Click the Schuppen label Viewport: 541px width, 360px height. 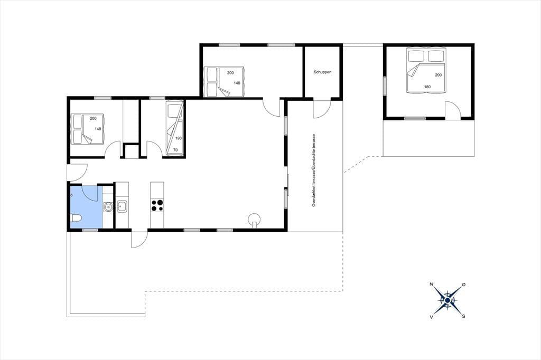(323, 72)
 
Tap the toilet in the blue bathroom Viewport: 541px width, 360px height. (76, 217)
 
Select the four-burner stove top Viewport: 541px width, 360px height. (157, 205)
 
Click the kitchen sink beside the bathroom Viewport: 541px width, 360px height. (122, 206)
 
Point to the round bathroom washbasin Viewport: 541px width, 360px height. (108, 207)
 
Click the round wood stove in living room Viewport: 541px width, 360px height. (255, 219)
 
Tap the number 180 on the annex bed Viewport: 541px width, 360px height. (427, 87)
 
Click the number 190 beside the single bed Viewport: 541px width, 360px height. (178, 138)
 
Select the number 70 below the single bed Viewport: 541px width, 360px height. (175, 150)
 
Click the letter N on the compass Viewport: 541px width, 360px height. (431, 284)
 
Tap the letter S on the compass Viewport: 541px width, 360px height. (463, 316)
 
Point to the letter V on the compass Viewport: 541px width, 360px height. (431, 317)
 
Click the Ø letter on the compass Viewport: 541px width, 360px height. (463, 285)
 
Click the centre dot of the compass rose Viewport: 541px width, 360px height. (447, 300)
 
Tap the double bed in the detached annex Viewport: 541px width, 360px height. (426, 71)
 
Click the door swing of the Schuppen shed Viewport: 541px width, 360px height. (322, 108)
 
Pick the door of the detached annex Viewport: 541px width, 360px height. (452, 110)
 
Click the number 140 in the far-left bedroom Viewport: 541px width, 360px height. (98, 129)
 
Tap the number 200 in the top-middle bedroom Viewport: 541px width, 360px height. (230, 73)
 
